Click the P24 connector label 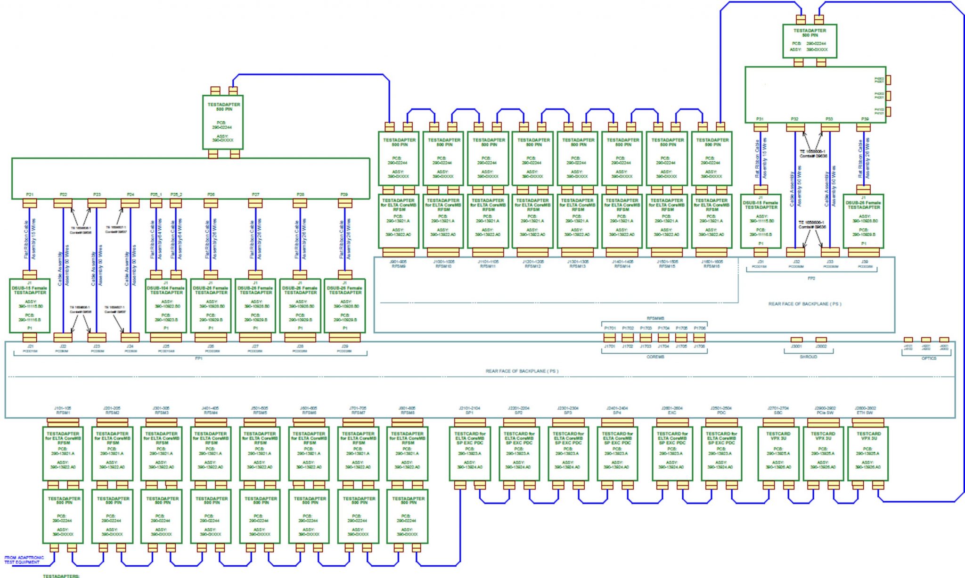coord(131,194)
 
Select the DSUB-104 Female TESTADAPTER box coord(166,305)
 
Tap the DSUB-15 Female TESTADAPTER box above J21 coord(30,305)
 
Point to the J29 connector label coord(345,346)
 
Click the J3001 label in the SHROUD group coord(796,346)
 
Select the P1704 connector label coord(663,328)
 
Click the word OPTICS coord(928,358)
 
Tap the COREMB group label coord(655,357)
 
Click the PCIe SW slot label coord(825,413)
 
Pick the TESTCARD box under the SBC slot coord(778,453)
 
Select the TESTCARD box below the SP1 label coord(470,453)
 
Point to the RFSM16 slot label coord(711,266)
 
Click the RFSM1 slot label coord(63,413)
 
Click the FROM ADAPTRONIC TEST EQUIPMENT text coord(24,560)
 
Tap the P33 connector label coord(829,119)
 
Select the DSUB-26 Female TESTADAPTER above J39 coord(863,221)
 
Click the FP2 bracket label coord(811,278)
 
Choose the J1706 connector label coord(700,346)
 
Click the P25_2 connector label coord(176,194)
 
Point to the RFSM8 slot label coord(408,413)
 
